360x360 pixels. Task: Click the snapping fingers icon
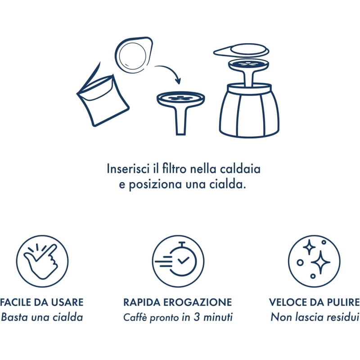tap(42, 261)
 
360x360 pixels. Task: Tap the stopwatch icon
tap(179, 261)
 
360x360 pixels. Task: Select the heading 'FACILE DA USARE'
tap(42, 302)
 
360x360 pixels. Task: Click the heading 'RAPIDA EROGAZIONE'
tap(178, 302)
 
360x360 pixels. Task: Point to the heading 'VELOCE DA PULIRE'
tap(315, 302)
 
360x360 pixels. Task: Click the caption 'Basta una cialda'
tap(42, 317)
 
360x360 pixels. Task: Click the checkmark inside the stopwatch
tap(184, 261)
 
